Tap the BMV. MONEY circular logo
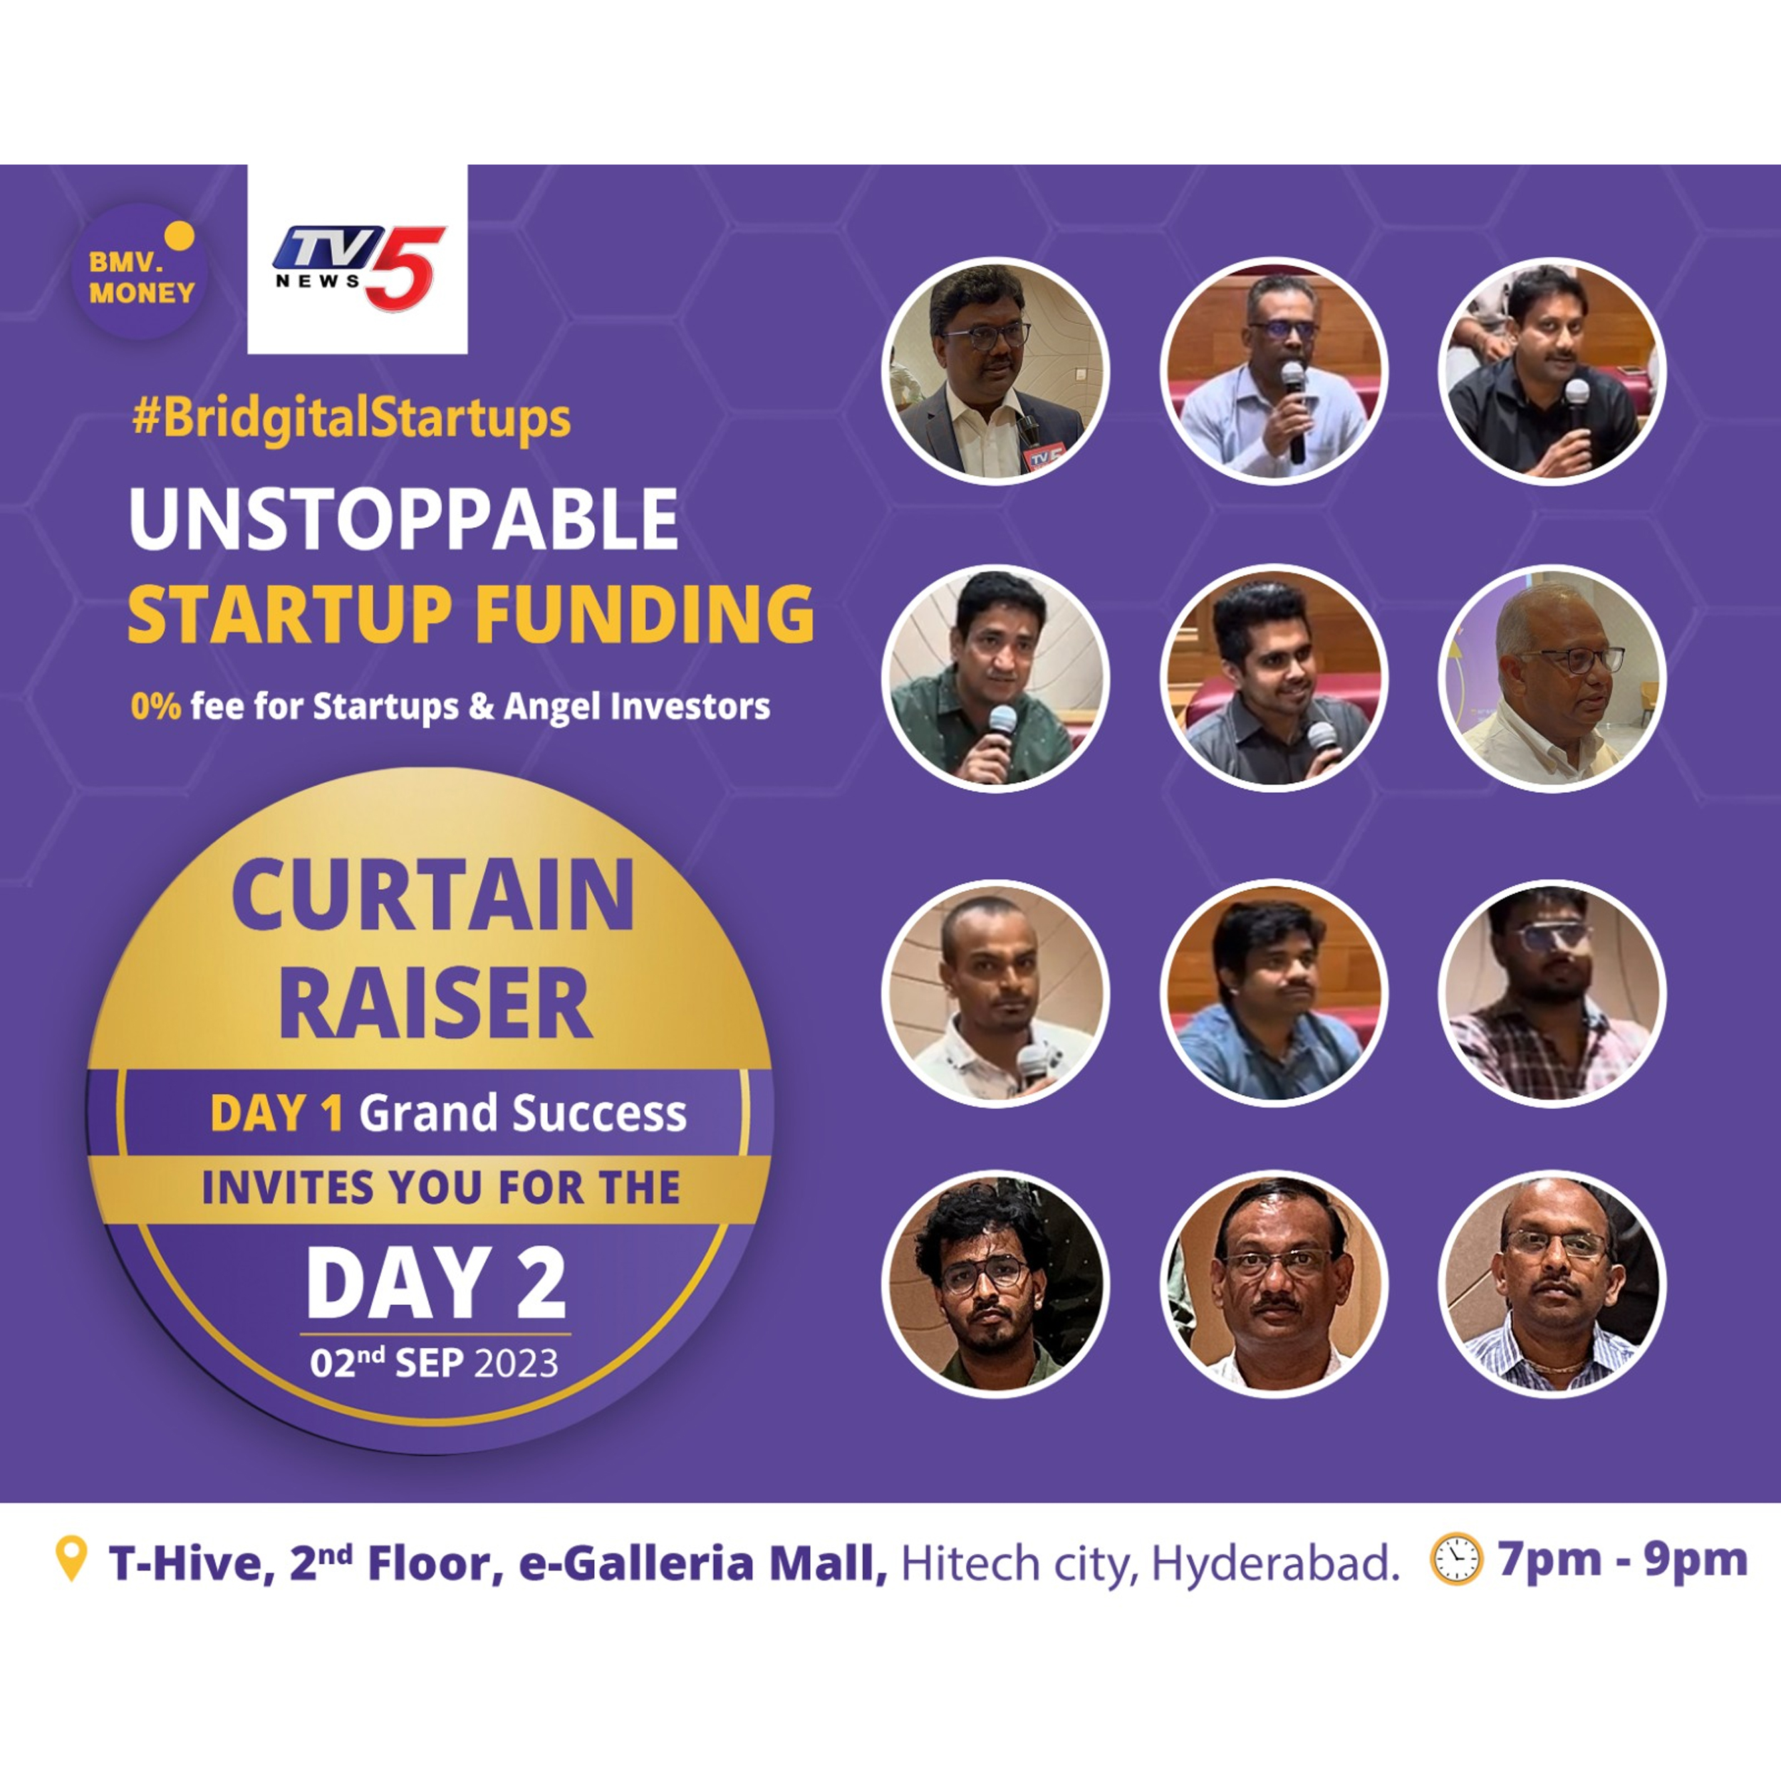tap(140, 272)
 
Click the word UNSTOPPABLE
tap(404, 519)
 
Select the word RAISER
tap(435, 1003)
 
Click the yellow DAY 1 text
tap(276, 1113)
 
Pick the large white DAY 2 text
tap(435, 1282)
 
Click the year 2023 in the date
tap(516, 1364)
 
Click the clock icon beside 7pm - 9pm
tap(1455, 1559)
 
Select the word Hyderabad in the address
tap(1275, 1564)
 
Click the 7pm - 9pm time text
tap(1622, 1559)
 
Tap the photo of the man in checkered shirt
tap(1552, 994)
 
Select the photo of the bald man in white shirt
tap(1552, 678)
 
